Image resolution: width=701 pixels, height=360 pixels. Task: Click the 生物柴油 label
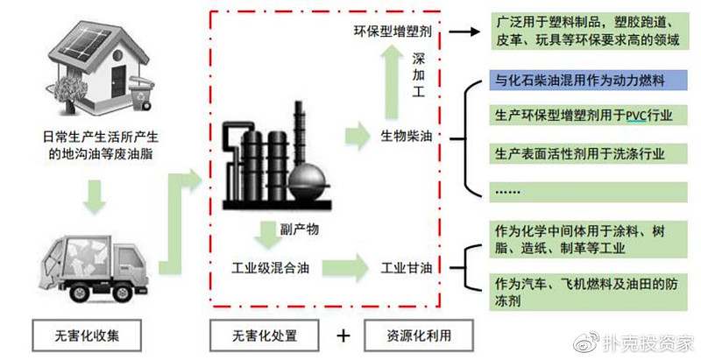pos(407,137)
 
